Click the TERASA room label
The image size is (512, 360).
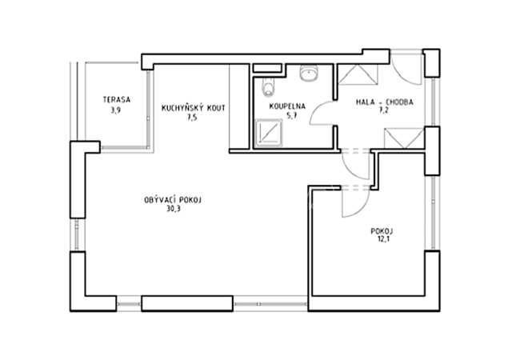click(117, 100)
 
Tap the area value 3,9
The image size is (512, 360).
click(115, 110)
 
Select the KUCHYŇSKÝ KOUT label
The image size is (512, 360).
click(194, 108)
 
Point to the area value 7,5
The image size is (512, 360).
click(192, 118)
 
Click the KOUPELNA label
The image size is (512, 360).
click(287, 106)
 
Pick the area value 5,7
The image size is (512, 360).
click(291, 115)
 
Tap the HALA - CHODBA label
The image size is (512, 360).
click(384, 102)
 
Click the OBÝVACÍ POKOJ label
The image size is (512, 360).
click(173, 200)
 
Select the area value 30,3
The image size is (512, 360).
click(174, 209)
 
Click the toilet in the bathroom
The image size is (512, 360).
click(269, 87)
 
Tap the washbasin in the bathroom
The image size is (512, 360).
click(309, 73)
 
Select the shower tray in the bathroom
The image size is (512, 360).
click(269, 133)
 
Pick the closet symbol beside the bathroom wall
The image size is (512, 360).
click(358, 75)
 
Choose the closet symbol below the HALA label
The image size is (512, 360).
click(404, 138)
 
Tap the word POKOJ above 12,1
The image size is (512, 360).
click(382, 231)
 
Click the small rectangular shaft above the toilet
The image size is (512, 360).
click(267, 68)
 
